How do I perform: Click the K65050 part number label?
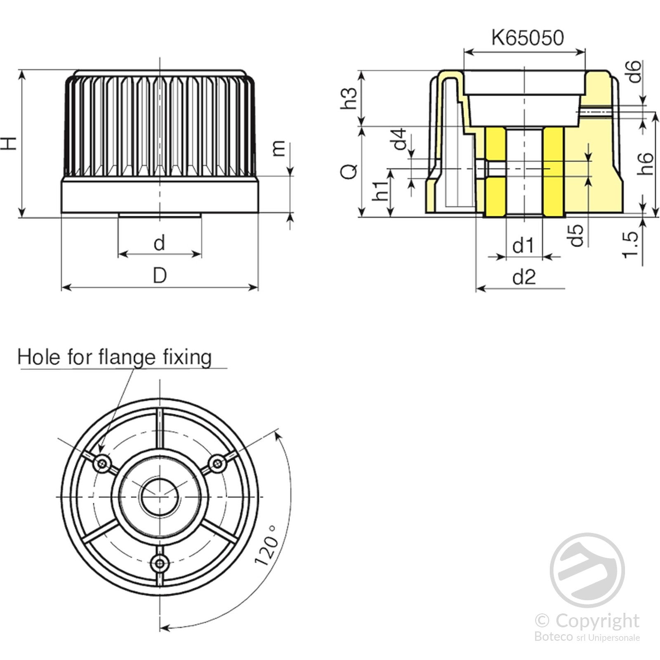pos(527,38)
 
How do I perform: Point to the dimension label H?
pos(9,143)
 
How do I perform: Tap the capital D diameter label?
pos(160,275)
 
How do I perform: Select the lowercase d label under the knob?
pos(159,243)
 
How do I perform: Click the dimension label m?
pos(279,148)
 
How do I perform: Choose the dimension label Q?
pos(349,171)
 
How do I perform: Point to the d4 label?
pos(399,139)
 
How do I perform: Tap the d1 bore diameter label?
pos(523,246)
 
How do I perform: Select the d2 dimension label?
pos(524,277)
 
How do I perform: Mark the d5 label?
pos(576,235)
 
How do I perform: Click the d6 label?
pos(635,71)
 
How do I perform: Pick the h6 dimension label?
pos(645,164)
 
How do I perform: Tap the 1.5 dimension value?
pos(631,245)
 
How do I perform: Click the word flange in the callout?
pos(127,357)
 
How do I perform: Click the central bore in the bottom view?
pos(160,496)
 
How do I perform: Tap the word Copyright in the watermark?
pos(597,621)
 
